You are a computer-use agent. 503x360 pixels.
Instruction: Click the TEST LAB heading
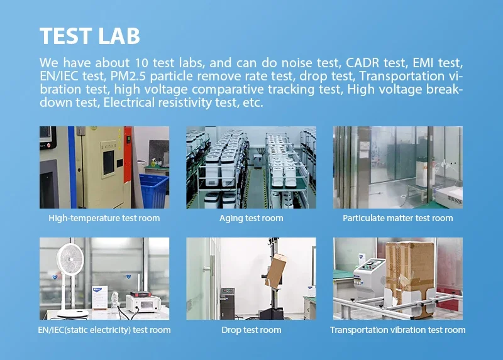[x=90, y=36]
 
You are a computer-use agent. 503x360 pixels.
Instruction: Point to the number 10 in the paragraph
[x=141, y=63]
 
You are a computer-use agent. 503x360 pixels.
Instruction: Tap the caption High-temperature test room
[x=104, y=218]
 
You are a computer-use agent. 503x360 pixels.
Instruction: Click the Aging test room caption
[x=251, y=218]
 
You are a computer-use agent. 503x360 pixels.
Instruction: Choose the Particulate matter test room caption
[x=398, y=218]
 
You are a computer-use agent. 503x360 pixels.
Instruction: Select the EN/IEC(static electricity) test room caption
[x=104, y=330]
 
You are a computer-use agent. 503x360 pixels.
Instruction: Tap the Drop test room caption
[x=251, y=330]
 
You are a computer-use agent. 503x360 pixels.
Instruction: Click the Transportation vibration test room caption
[x=398, y=330]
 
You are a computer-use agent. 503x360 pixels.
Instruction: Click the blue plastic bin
[x=153, y=192]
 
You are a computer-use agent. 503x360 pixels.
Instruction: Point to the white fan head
[x=70, y=259]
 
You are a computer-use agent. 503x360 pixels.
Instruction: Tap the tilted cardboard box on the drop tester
[x=275, y=271]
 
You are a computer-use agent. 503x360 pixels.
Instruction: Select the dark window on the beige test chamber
[x=108, y=162]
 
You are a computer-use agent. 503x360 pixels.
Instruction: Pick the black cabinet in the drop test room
[x=228, y=303]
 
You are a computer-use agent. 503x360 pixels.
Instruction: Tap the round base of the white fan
[x=73, y=314]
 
